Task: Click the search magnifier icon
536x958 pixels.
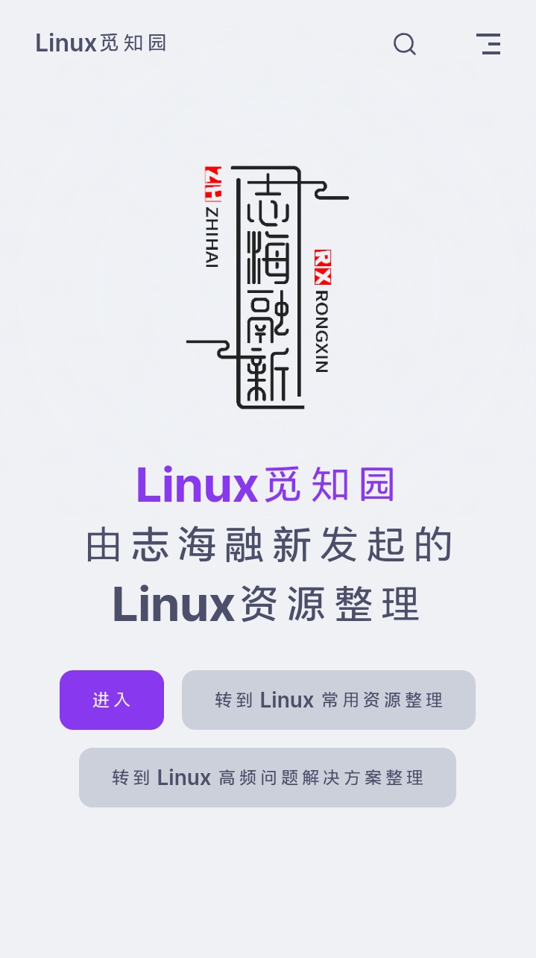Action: (405, 44)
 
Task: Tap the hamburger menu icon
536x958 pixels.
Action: (488, 44)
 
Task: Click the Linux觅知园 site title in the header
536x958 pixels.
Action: (101, 43)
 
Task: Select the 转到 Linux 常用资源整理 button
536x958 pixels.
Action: (329, 700)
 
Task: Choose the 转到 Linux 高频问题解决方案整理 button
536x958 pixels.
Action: (268, 778)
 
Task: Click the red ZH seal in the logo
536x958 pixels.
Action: (213, 184)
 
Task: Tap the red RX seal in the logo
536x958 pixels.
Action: (323, 268)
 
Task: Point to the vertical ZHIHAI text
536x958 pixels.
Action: (212, 238)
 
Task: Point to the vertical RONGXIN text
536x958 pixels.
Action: (322, 332)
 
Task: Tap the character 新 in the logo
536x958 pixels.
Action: (268, 375)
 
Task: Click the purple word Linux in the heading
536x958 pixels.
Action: (197, 485)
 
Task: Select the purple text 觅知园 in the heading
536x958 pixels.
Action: (330, 485)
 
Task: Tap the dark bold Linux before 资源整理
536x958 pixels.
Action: (173, 604)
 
